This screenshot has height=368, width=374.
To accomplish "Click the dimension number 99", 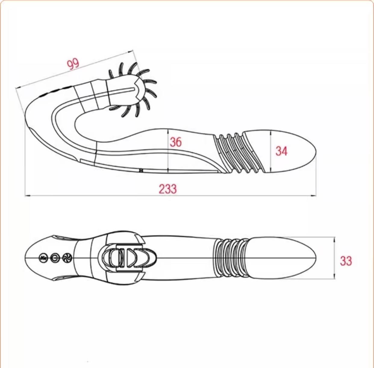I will [x=73, y=63].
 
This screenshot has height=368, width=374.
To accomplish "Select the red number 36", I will [x=176, y=142].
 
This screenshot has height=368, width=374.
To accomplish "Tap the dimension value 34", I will [x=281, y=151].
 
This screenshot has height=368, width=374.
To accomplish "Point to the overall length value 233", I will [x=168, y=189].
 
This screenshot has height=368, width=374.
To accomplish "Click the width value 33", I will [x=346, y=261].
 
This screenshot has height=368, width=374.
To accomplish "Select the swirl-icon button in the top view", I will [x=67, y=258].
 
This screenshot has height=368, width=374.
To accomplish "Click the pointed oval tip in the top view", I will [x=283, y=258].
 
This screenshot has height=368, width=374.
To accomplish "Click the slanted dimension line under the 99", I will [x=75, y=70].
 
